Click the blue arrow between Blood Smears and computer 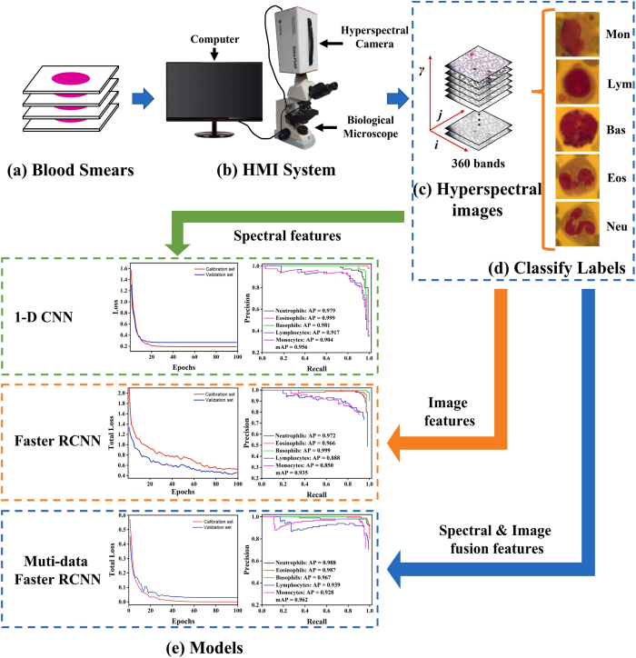click(x=136, y=94)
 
